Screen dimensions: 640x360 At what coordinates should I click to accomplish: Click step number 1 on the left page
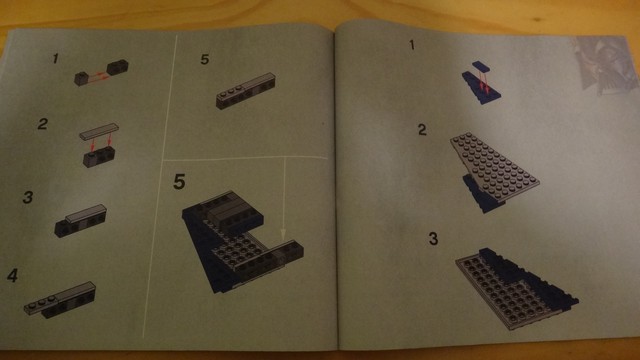click(x=55, y=58)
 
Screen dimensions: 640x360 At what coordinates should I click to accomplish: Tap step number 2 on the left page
click(x=43, y=124)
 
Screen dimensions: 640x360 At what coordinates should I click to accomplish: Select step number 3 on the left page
click(x=28, y=197)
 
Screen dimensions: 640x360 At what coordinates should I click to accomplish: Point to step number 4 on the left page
click(x=12, y=276)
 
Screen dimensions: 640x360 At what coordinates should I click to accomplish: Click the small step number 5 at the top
click(x=204, y=60)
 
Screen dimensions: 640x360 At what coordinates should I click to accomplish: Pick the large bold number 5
click(x=179, y=182)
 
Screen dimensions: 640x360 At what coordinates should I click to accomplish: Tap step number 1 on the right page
click(x=412, y=44)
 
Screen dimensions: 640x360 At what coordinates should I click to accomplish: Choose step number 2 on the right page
click(x=422, y=130)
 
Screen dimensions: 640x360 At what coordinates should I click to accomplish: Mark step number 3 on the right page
click(x=433, y=238)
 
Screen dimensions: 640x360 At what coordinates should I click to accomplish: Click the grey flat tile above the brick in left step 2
click(x=99, y=131)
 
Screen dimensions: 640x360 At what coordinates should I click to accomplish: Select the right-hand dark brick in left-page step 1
click(x=118, y=67)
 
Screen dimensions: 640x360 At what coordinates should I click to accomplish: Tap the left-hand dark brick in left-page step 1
click(x=82, y=78)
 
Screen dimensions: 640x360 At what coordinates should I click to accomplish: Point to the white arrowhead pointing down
click(x=283, y=234)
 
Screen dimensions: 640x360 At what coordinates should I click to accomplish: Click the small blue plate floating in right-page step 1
click(x=481, y=67)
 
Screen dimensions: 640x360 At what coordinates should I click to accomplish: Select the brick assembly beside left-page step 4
click(x=60, y=300)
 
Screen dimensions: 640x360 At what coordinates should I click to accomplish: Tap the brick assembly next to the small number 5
click(x=245, y=91)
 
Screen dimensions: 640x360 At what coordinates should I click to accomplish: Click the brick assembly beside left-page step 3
click(x=80, y=221)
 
